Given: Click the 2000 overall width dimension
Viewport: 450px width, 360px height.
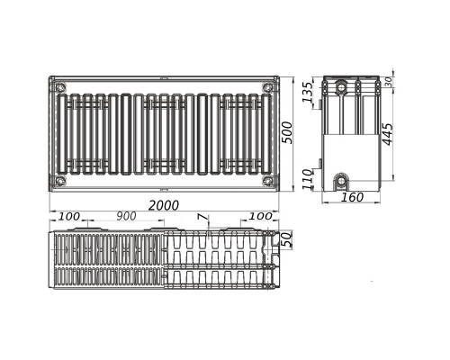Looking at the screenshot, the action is tap(164, 205).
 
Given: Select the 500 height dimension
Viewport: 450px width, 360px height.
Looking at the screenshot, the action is tap(287, 132).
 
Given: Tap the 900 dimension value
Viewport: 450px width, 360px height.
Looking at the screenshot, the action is tap(126, 216).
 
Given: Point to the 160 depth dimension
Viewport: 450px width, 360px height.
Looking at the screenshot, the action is tap(352, 197).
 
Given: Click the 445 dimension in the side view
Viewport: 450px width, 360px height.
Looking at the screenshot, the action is tap(388, 134).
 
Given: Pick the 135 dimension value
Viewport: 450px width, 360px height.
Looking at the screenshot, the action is tap(308, 92).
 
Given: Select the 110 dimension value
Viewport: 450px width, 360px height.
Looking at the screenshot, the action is tap(308, 179).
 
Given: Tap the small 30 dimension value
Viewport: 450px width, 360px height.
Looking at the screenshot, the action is tap(389, 82).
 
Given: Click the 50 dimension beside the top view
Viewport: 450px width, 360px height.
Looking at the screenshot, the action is tap(287, 239).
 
